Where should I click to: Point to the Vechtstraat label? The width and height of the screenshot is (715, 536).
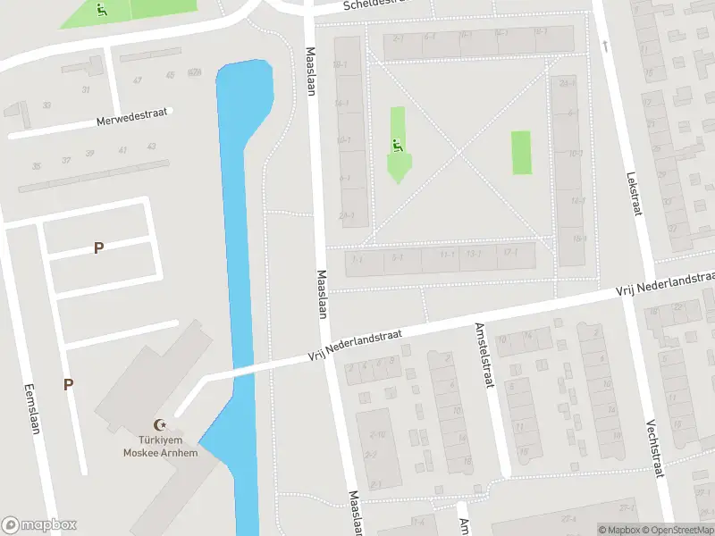pyautogui.click(x=656, y=450)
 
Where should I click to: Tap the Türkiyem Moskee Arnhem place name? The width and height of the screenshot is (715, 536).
pyautogui.click(x=161, y=446)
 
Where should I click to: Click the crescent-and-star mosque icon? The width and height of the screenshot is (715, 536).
pyautogui.click(x=161, y=426)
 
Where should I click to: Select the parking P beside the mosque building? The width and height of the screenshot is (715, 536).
pyautogui.click(x=68, y=384)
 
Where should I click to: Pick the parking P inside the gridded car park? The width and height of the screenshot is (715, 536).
pyautogui.click(x=98, y=247)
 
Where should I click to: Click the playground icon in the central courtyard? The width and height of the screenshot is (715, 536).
pyautogui.click(x=397, y=143)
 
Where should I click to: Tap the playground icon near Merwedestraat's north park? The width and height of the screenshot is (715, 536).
pyautogui.click(x=101, y=11)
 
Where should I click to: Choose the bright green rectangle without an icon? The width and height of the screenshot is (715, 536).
pyautogui.click(x=520, y=153)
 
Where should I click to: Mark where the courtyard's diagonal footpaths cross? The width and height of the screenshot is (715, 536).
pyautogui.click(x=459, y=152)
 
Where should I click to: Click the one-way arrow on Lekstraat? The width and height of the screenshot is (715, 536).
pyautogui.click(x=605, y=44)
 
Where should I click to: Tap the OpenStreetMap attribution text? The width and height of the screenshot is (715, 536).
pyautogui.click(x=677, y=530)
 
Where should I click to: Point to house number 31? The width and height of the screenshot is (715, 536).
pyautogui.click(x=86, y=89)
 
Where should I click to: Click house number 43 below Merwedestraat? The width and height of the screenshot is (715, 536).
pyautogui.click(x=152, y=147)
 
